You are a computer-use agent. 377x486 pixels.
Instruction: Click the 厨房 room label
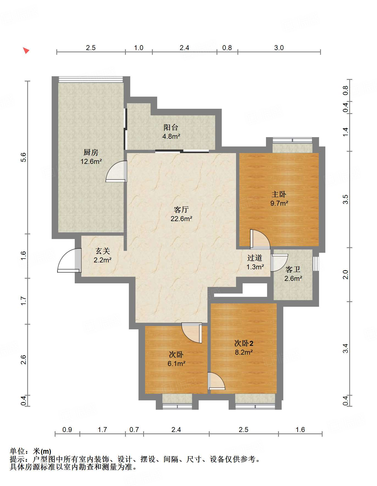(x=91, y=152)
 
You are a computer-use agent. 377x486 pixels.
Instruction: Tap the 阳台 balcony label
(x=171, y=127)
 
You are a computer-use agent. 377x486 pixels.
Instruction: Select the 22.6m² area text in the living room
(x=181, y=219)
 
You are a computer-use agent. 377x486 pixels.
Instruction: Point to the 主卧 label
(x=279, y=194)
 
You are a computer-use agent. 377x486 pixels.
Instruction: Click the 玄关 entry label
(x=102, y=251)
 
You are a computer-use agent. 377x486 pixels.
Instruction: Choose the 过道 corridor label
(x=254, y=258)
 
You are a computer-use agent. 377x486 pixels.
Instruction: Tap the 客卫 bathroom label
(x=293, y=269)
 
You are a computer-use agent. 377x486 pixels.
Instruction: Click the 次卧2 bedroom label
(x=243, y=343)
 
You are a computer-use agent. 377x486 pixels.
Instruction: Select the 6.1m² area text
(x=176, y=364)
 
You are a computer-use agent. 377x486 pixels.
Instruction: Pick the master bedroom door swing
(x=260, y=239)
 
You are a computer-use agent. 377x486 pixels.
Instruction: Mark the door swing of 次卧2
(x=216, y=381)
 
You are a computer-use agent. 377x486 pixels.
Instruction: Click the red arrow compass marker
(x=26, y=50)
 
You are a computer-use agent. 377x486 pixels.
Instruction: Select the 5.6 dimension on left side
(x=23, y=157)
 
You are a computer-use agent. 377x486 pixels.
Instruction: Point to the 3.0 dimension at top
(x=279, y=48)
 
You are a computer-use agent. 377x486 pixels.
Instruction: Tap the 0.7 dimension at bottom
(x=134, y=430)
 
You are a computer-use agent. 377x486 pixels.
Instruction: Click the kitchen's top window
(x=91, y=79)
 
